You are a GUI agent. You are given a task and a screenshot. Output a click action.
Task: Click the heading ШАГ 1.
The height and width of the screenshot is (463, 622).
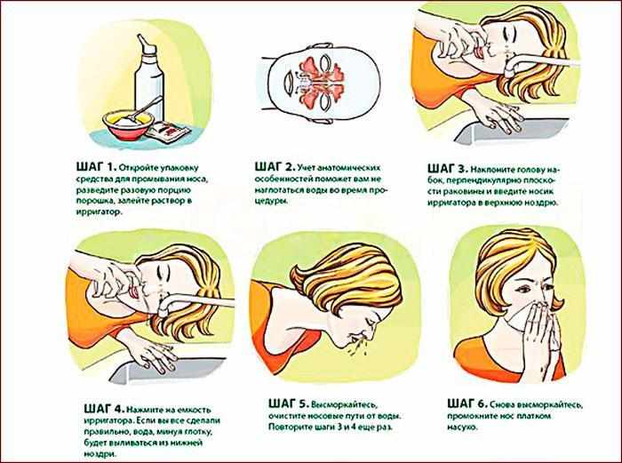(x=95, y=167)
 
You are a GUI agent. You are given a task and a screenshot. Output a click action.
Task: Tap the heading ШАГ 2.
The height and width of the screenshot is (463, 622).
(x=274, y=167)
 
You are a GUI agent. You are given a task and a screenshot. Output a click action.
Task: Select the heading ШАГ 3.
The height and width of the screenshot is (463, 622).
(x=448, y=169)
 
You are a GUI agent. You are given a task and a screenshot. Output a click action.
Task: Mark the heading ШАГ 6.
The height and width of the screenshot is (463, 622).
(x=467, y=403)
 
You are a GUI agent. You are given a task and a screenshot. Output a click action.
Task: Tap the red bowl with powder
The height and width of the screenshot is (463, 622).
(x=128, y=124)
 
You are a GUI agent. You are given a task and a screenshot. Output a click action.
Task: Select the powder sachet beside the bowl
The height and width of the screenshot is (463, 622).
(x=166, y=132)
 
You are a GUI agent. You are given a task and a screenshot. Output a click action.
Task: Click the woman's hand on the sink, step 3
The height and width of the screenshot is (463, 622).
(x=499, y=116)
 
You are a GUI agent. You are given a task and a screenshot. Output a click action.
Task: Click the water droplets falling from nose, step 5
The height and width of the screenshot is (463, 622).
(x=358, y=348)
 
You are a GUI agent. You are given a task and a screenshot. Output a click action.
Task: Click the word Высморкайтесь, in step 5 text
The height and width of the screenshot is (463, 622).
(x=345, y=405)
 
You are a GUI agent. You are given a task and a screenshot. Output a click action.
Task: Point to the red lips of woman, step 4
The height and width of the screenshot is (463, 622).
(x=134, y=292)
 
